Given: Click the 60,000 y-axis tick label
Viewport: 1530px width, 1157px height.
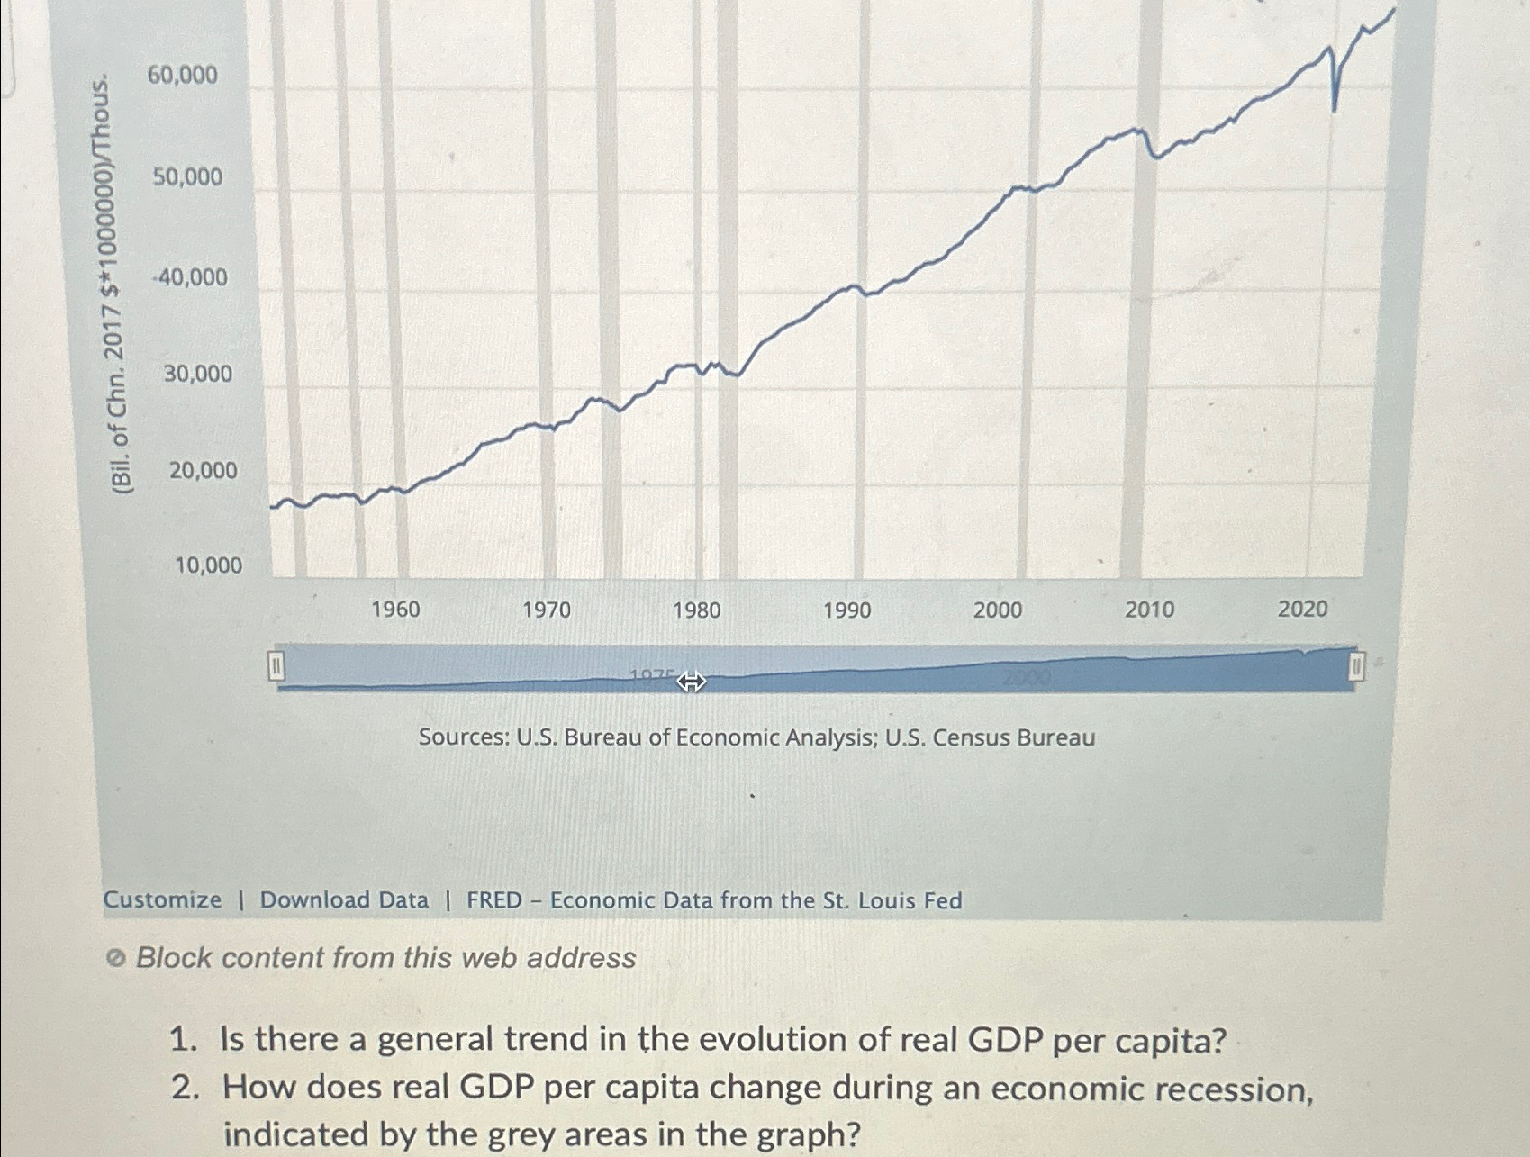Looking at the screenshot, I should coord(182,76).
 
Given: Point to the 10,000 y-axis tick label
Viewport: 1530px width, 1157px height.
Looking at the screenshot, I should coord(208,565).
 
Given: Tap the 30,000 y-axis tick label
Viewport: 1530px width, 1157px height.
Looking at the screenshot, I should coord(197,374).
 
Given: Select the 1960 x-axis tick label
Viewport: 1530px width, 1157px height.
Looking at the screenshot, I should coord(395,610).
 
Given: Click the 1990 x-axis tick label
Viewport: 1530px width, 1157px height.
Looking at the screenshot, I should coord(846,611).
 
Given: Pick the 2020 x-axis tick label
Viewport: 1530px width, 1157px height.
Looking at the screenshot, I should coord(1302,610).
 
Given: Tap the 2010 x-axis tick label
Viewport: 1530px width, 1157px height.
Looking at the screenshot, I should coord(1149,610).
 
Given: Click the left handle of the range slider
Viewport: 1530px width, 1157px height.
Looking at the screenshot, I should coord(276,667).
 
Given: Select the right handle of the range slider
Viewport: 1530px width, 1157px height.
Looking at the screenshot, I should coord(1355,667).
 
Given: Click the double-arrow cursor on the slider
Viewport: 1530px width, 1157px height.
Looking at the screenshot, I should coord(691,682).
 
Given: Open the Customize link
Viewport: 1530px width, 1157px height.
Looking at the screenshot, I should coord(162,899).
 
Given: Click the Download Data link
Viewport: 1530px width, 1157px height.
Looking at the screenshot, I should coord(344,899).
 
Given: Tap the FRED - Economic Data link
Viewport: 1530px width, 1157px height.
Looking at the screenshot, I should coord(713,900).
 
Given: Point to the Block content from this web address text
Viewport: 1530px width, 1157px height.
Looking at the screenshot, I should coord(385,957).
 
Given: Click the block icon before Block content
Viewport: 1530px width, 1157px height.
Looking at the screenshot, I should coord(115,959).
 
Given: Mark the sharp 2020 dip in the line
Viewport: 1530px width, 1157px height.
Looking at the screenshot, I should coord(1334,106).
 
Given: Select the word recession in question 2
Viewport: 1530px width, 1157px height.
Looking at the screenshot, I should coord(1232,1089).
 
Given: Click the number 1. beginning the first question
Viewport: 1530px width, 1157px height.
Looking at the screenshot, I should coord(183,1041).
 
